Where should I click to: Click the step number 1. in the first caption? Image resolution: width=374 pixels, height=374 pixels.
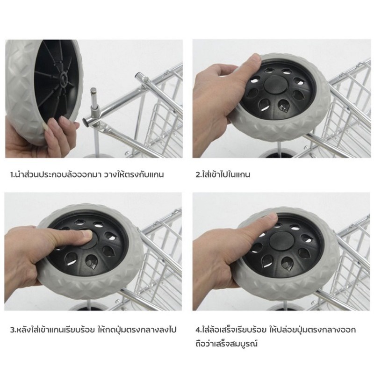click(x=13, y=175)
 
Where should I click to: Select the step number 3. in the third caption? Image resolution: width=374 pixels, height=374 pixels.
click(x=14, y=330)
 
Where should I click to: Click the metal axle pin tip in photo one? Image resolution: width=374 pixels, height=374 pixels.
click(x=93, y=90)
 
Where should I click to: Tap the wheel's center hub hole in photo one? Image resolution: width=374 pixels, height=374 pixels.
click(x=64, y=78)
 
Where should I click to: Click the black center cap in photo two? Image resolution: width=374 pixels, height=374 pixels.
click(x=275, y=85)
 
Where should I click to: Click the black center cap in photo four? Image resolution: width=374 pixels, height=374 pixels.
click(x=280, y=241)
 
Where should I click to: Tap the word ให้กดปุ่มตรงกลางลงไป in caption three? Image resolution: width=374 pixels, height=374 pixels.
click(x=137, y=330)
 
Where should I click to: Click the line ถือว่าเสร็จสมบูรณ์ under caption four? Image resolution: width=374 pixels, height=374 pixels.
click(x=227, y=344)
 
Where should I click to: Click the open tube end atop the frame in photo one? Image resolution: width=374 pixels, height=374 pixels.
click(x=137, y=76)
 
